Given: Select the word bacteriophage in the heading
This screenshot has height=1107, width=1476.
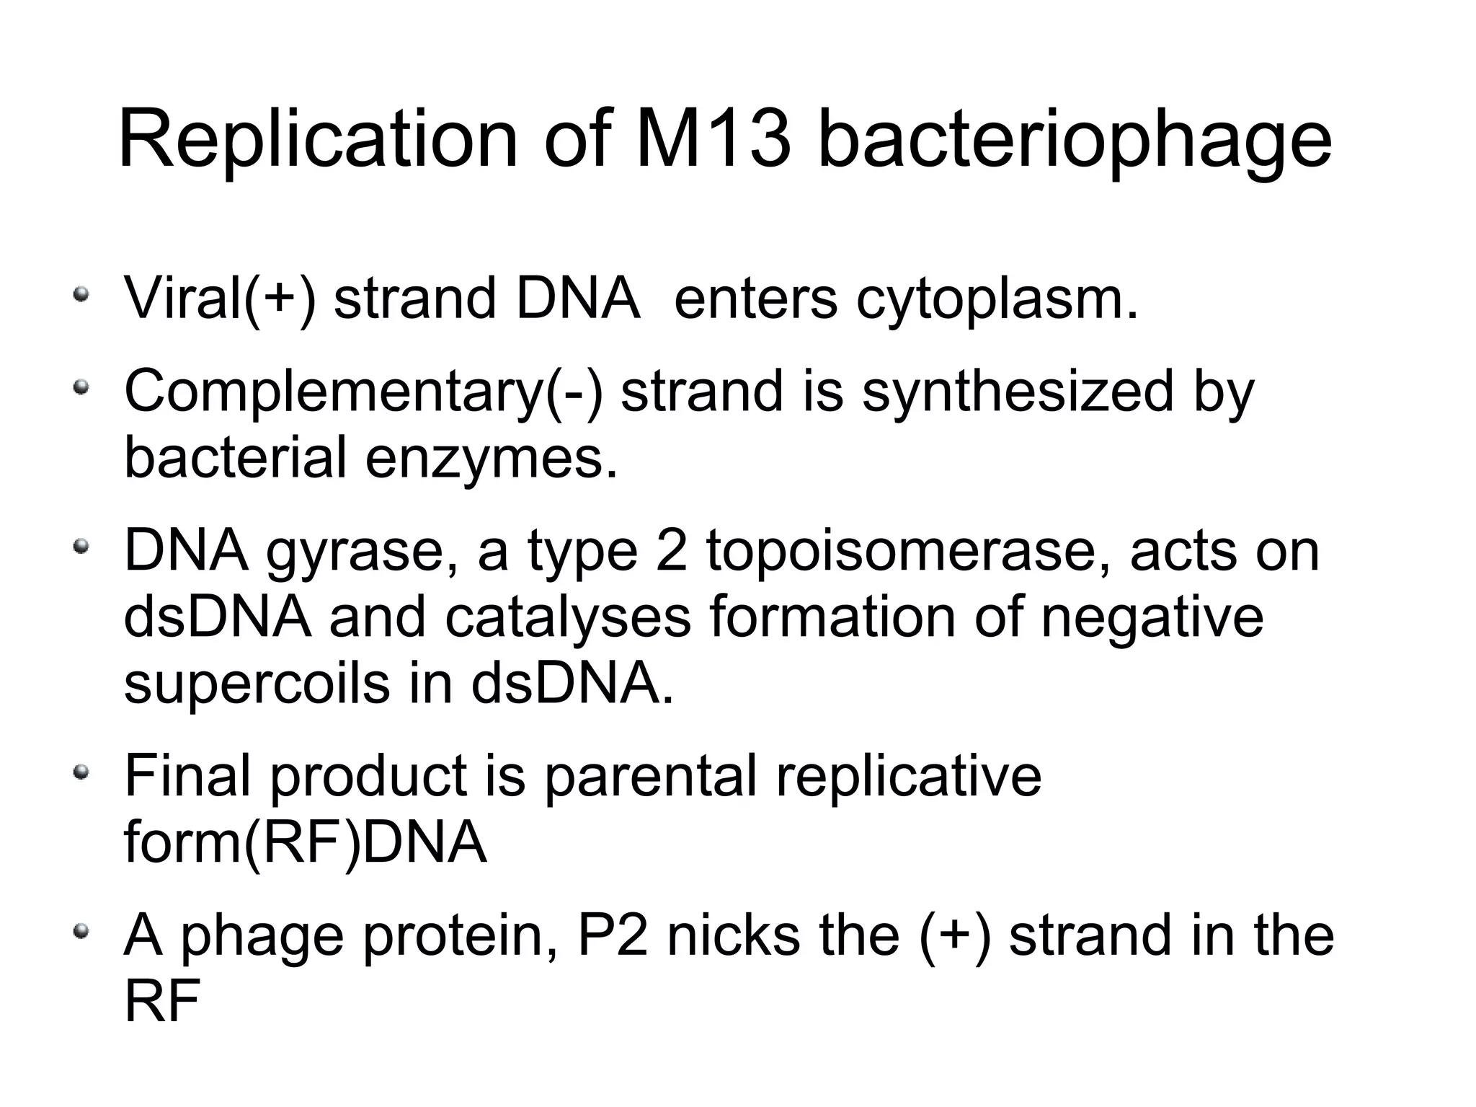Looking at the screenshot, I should point(1075,141).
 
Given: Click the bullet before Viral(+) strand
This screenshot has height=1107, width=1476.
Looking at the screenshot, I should point(82,294).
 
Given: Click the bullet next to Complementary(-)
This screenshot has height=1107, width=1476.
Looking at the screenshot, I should point(82,388).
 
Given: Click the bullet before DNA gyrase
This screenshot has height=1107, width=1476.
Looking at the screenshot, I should point(82,547).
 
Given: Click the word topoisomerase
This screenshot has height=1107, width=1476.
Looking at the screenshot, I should point(908,552).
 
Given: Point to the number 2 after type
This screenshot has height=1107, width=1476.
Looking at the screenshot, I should point(672,551).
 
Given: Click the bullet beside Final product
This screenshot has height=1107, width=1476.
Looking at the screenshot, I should point(82,772).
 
